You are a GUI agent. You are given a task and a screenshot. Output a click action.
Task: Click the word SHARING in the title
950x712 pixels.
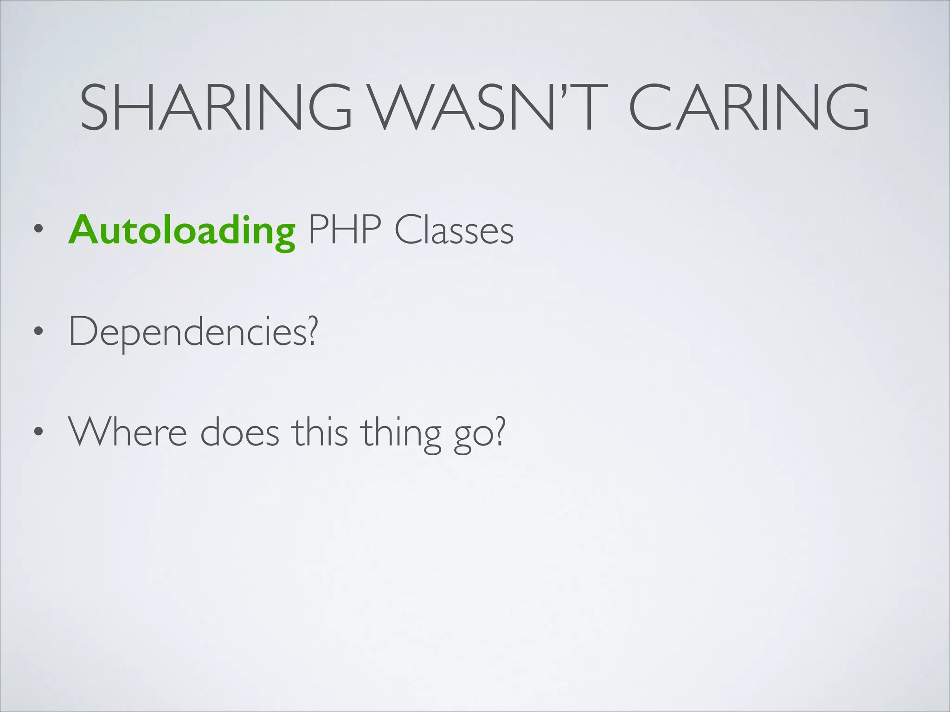coord(216,107)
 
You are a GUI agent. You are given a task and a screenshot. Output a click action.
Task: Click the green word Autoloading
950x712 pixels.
coord(182,230)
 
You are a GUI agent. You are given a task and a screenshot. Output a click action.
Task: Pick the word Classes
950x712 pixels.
coord(454,230)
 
